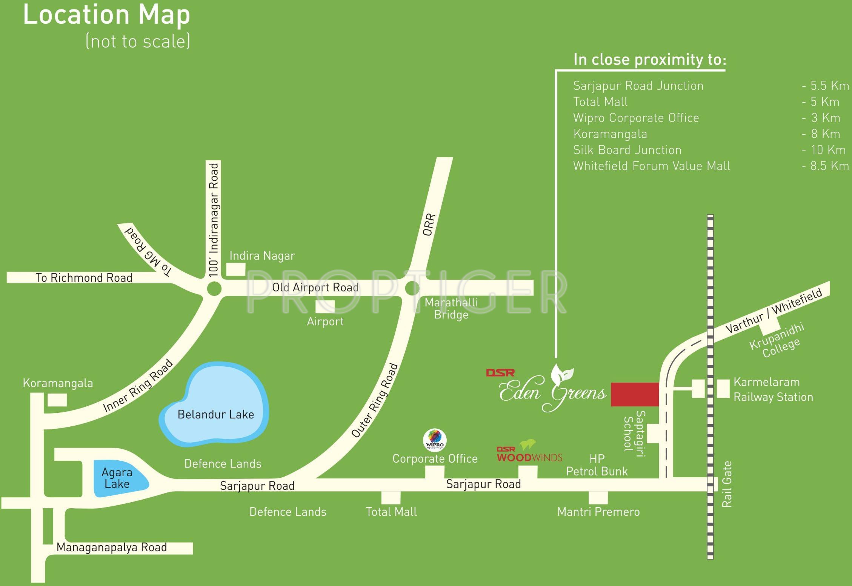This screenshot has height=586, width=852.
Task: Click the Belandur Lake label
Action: [x=215, y=414]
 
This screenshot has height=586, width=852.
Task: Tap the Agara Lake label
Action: [x=117, y=478]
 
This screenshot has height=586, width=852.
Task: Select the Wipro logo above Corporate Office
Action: [x=435, y=440]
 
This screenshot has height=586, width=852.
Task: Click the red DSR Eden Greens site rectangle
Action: [x=635, y=394]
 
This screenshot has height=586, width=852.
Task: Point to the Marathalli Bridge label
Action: [x=451, y=308]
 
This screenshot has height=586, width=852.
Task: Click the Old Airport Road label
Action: [x=315, y=288]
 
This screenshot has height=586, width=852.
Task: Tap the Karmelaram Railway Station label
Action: [x=773, y=389]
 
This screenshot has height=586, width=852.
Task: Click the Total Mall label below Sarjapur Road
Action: [x=391, y=512]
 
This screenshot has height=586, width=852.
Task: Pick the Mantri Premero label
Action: [x=598, y=512]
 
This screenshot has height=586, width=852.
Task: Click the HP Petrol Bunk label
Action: [x=597, y=465]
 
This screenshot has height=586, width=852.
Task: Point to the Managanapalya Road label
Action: [x=112, y=548]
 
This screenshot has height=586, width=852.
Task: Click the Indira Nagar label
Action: [x=262, y=256]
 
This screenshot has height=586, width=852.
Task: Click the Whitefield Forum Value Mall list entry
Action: [x=652, y=166]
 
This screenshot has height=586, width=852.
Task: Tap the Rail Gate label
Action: [x=727, y=484]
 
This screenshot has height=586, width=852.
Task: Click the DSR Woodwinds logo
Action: [x=529, y=451]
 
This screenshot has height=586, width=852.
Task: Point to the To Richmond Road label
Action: [x=84, y=278]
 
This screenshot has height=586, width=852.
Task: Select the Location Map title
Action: [x=107, y=15]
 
